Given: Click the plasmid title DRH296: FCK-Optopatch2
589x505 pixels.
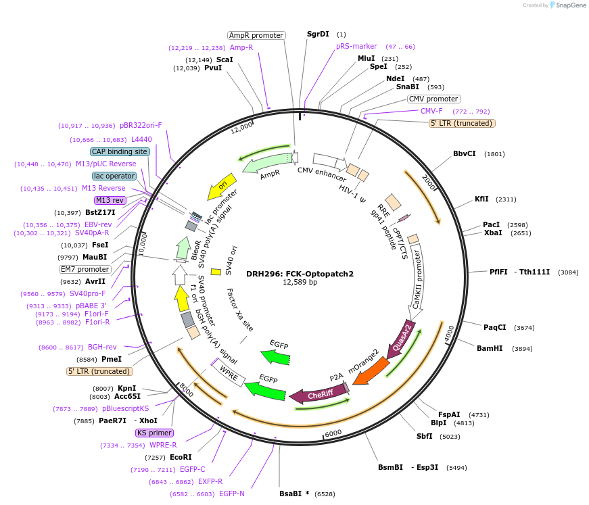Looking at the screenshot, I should point(300,274).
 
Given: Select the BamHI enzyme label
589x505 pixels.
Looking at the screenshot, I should point(490,348).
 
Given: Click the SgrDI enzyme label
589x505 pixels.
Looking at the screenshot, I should point(318,34).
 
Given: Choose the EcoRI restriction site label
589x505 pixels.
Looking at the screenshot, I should point(181,458).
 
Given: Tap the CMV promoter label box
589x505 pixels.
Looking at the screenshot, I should point(433,99).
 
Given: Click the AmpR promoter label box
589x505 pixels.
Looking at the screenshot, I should point(256,35).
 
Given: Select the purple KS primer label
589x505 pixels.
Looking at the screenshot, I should point(154,433).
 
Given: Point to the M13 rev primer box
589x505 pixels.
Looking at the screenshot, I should point(110,200).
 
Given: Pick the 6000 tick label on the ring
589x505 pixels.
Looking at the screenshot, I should point(333,433).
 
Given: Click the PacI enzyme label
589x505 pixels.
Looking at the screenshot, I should point(492,224).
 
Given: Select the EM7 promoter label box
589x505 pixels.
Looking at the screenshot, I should point(85,269).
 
